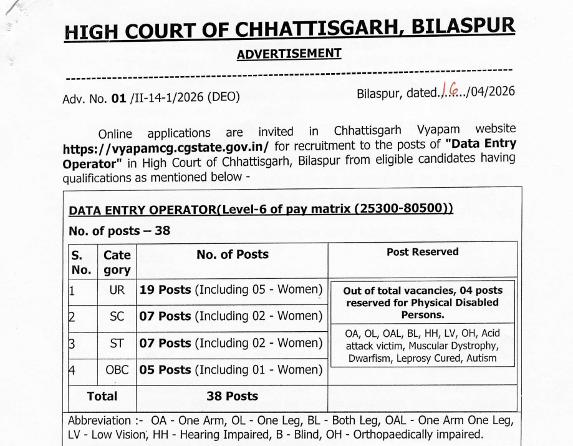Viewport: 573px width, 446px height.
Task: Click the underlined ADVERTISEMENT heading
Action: [289, 54]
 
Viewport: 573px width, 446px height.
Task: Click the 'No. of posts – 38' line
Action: [118, 231]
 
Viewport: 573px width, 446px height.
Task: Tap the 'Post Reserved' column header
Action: [422, 252]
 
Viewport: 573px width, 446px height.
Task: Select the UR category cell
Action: [117, 291]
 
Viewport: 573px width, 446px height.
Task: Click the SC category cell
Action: [117, 316]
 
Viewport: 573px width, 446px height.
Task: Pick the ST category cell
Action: [117, 342]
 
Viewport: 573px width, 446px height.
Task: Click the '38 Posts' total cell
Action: [232, 396]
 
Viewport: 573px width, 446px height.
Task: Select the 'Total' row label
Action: [102, 396]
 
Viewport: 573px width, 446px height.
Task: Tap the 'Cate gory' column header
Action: [117, 262]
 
